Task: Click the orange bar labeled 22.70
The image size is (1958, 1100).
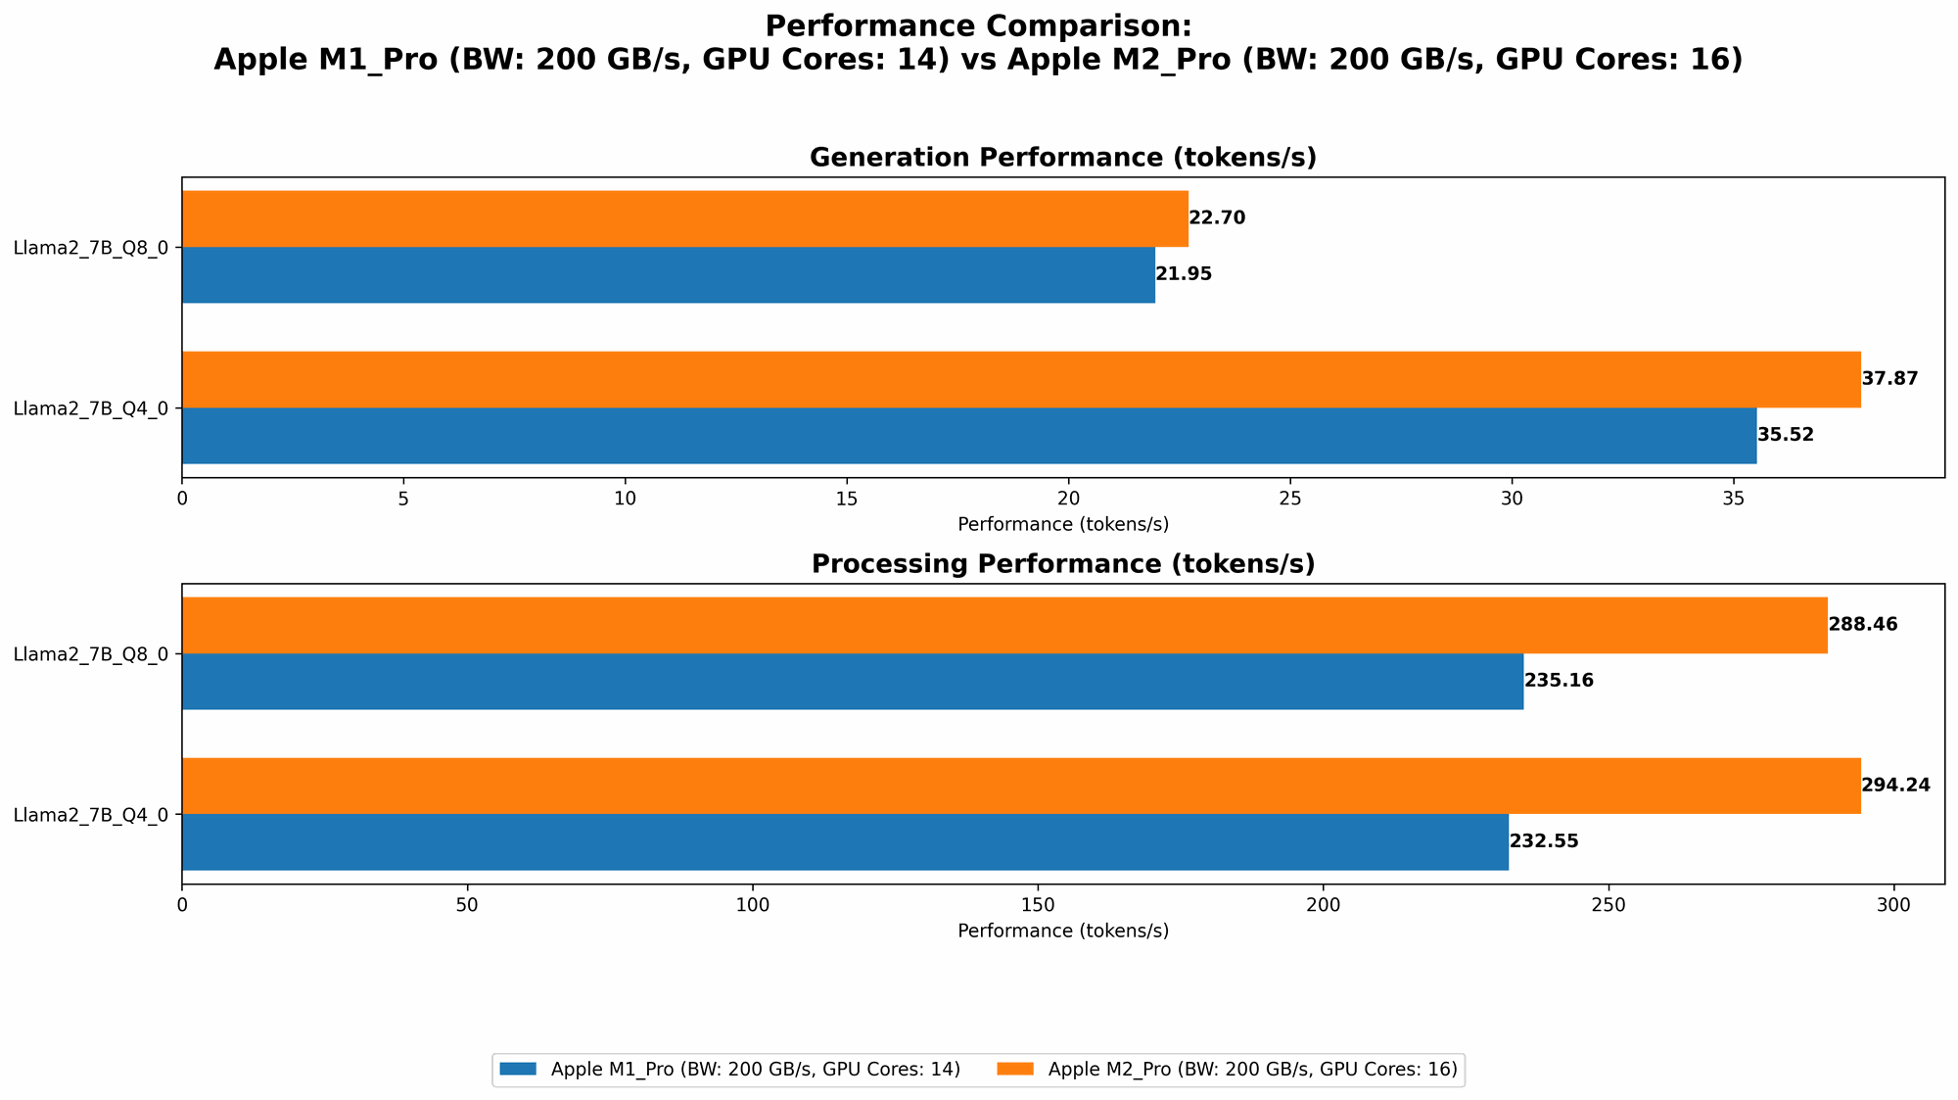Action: [685, 218]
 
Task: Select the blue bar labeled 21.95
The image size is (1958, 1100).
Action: [668, 274]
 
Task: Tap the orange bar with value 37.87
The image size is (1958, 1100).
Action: [1021, 379]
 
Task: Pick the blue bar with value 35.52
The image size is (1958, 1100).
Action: [969, 435]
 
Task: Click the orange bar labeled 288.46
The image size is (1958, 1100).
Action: [1004, 625]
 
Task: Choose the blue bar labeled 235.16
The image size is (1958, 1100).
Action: [852, 681]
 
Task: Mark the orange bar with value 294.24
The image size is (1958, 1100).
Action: [1021, 786]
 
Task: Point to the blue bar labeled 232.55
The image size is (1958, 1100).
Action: [845, 841]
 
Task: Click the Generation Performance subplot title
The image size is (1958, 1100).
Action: [1062, 158]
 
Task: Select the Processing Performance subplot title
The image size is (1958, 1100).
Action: [1062, 564]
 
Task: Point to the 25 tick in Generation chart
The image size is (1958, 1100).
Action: [1290, 498]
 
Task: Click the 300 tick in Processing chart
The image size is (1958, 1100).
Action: [1894, 904]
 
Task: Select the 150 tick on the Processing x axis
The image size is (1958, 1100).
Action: [1038, 904]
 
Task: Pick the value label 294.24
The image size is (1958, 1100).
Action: [1895, 786]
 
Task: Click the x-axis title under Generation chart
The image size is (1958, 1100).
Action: [1062, 524]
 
